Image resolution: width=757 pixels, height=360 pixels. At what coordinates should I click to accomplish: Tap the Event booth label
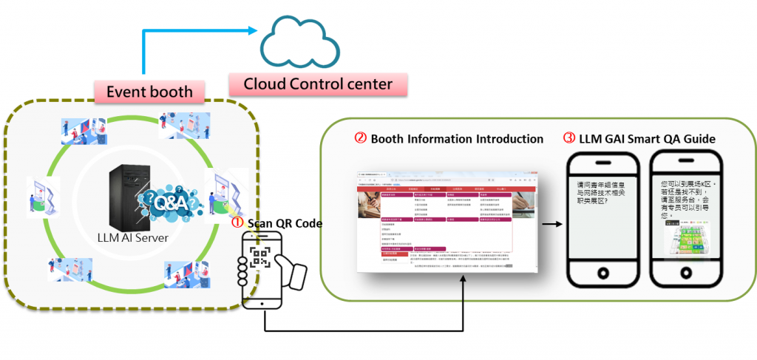click(x=150, y=92)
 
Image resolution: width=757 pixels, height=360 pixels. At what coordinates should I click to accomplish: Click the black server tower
click(x=124, y=198)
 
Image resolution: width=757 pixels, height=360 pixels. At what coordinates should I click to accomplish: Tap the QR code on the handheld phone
click(x=260, y=257)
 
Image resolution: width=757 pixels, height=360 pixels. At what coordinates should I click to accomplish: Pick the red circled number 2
click(x=361, y=139)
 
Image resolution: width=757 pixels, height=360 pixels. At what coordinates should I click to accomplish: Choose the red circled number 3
click(x=569, y=139)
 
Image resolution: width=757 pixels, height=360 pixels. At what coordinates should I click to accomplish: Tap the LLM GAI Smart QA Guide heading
click(x=645, y=139)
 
